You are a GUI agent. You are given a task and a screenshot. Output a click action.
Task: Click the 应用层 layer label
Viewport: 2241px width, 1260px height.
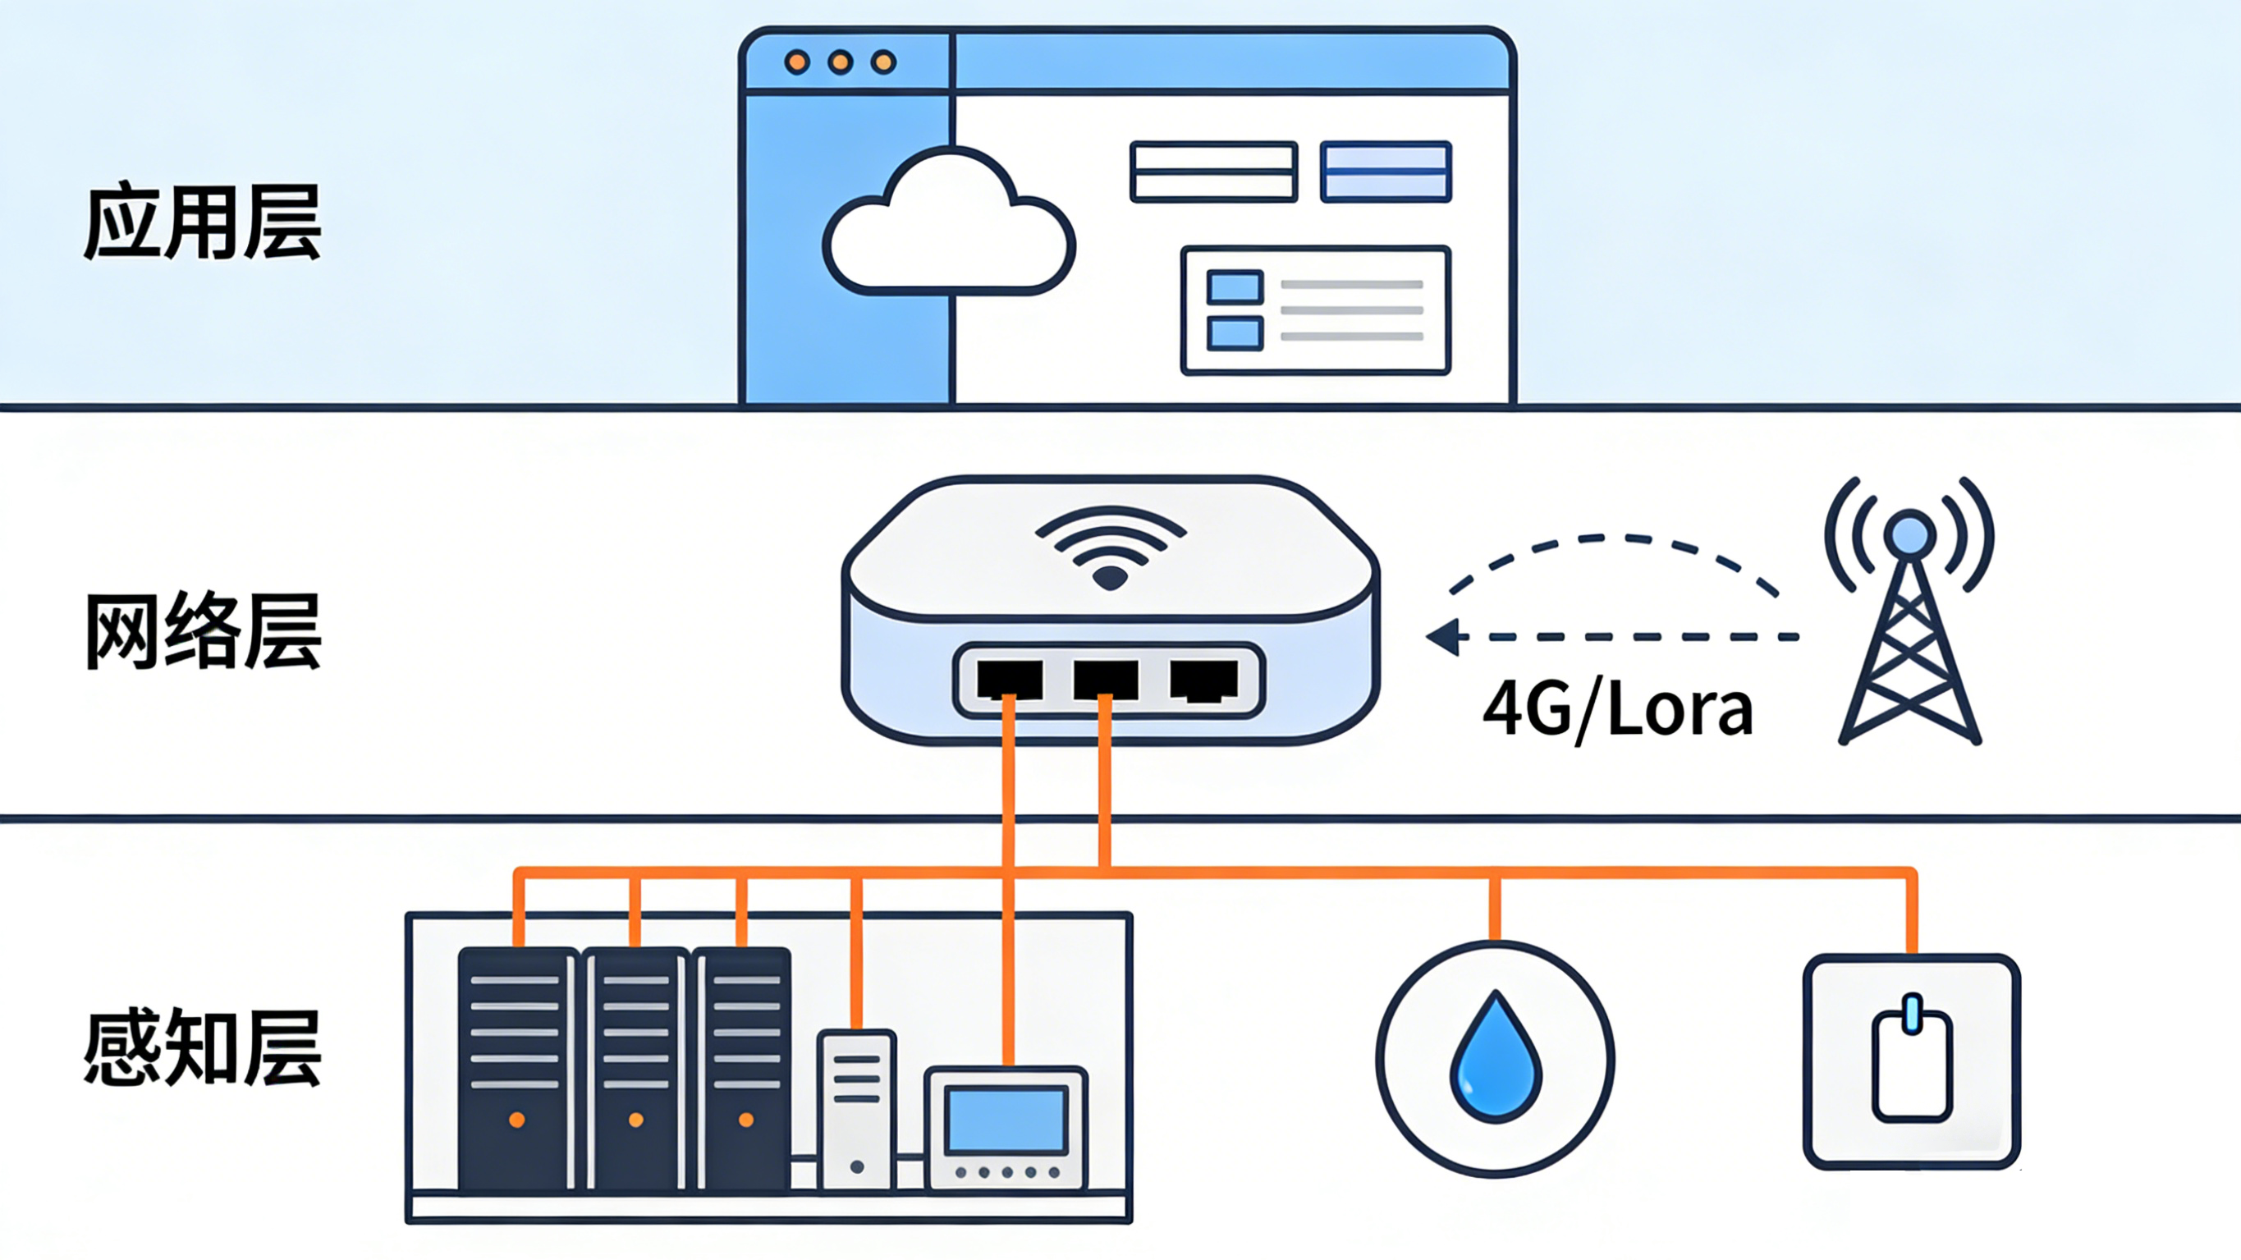click(x=203, y=222)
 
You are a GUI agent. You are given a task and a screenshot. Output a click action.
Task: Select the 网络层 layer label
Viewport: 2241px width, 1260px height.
click(x=203, y=632)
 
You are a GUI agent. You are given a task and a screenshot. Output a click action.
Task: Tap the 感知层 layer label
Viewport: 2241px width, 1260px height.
click(x=203, y=1048)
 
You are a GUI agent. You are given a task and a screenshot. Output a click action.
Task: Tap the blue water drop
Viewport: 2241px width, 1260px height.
click(x=1496, y=1057)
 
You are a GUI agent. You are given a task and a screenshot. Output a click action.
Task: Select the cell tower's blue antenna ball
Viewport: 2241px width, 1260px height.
click(x=1909, y=533)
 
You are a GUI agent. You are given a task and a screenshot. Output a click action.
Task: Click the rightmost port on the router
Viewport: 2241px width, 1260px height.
click(x=1203, y=680)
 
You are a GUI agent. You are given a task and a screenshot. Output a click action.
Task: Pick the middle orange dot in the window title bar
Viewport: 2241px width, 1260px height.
click(x=841, y=62)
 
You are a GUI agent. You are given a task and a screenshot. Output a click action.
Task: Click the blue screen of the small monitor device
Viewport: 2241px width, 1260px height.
click(x=1006, y=1120)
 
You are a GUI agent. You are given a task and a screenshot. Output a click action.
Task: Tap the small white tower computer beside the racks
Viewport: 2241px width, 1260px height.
click(x=857, y=1110)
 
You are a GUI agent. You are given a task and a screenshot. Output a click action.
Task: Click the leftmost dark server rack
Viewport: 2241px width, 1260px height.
click(x=517, y=1069)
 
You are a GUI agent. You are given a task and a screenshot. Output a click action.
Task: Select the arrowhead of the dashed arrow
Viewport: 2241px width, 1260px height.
click(x=1445, y=637)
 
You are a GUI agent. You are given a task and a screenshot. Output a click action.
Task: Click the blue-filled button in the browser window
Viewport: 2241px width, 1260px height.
click(x=1386, y=172)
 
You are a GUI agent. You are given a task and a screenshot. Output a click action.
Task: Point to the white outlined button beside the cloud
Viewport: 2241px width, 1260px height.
click(x=1213, y=172)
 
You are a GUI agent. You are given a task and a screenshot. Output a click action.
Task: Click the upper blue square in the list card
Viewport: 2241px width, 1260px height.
click(x=1235, y=287)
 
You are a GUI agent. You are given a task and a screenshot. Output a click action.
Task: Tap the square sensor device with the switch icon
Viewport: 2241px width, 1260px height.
click(x=1911, y=1061)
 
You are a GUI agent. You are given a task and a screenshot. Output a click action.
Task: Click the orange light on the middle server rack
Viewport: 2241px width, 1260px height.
click(x=636, y=1120)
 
